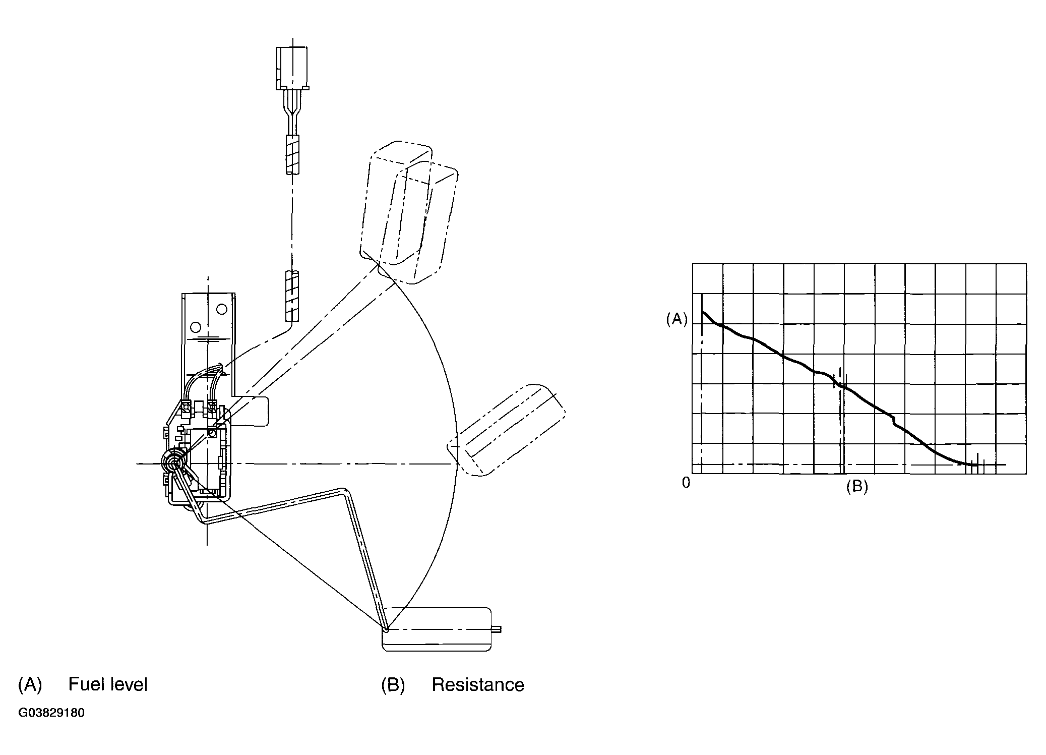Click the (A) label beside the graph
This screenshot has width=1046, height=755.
point(676,319)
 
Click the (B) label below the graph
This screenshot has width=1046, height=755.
point(856,486)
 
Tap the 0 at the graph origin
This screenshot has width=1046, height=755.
point(686,483)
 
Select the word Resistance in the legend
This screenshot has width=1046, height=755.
point(478,685)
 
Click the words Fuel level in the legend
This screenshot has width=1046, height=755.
point(108,684)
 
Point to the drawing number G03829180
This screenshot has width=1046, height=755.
point(51,713)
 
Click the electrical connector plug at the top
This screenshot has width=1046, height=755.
point(291,68)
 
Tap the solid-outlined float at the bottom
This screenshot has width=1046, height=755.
point(437,629)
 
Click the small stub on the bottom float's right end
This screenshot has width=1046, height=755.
point(497,629)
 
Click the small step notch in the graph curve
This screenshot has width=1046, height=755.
point(894,420)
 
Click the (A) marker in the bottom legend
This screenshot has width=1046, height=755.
point(30,684)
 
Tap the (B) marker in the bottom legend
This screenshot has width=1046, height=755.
point(393,685)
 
